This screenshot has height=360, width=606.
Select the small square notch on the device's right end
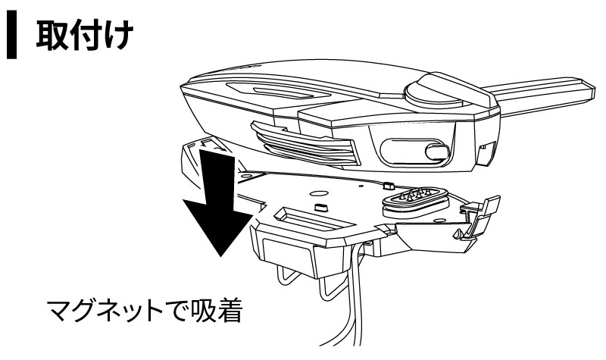tap(487, 148)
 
